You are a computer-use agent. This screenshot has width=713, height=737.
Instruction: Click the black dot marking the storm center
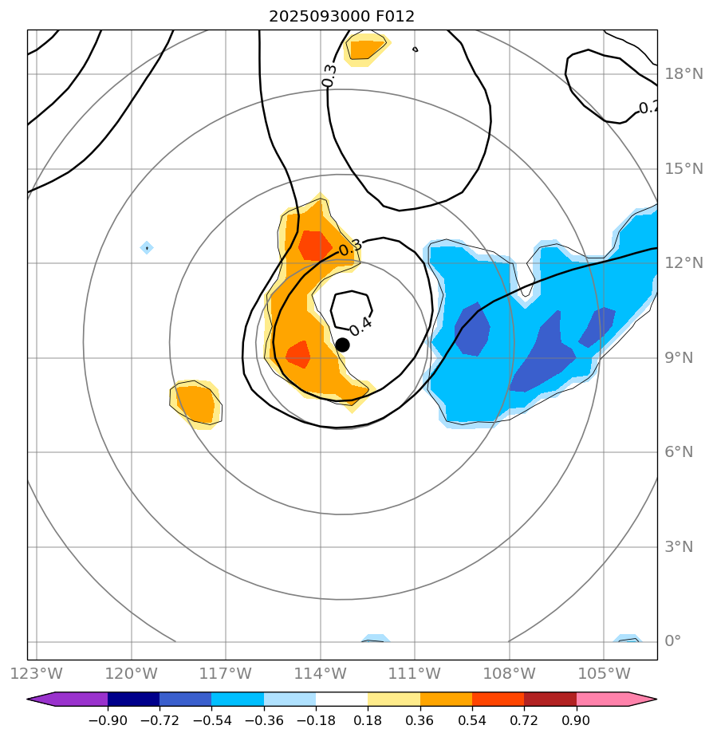tap(342, 345)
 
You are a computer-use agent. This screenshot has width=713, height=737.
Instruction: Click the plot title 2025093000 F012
tap(341, 16)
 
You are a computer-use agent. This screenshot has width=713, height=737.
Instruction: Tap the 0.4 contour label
tap(360, 325)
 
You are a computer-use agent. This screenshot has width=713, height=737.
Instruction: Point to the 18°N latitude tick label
tap(683, 74)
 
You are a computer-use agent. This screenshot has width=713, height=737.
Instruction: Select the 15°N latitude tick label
tap(683, 169)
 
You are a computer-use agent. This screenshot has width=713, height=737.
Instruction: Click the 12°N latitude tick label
tap(683, 263)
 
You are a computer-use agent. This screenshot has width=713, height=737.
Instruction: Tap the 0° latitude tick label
tap(673, 641)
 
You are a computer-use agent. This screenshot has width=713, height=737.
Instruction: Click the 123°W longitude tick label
tap(37, 673)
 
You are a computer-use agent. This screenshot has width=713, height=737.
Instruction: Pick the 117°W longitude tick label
tap(226, 673)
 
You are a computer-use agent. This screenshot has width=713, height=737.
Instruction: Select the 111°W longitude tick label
tap(415, 673)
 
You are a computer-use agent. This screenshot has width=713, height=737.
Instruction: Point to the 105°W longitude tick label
tap(604, 673)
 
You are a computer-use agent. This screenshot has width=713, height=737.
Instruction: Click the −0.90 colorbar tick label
tap(108, 721)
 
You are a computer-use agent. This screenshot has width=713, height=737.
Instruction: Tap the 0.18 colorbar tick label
tap(368, 721)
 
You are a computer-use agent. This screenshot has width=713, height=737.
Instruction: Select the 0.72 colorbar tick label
tap(524, 721)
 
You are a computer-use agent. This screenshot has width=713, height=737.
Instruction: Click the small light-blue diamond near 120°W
tap(147, 248)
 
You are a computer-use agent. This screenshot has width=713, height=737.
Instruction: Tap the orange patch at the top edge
tap(366, 49)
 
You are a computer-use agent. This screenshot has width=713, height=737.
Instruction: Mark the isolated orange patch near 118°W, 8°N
tap(195, 404)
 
